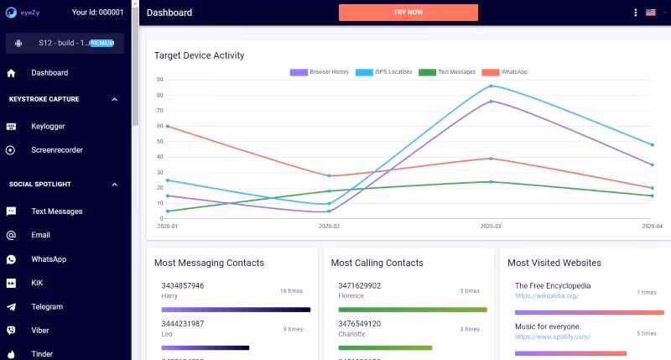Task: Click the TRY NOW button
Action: [x=408, y=13]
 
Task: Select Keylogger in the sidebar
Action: [x=48, y=127]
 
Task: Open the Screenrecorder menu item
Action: [x=56, y=150]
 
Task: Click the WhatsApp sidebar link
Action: [x=49, y=259]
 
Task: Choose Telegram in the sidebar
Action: [x=47, y=307]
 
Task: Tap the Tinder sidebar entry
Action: [x=42, y=354]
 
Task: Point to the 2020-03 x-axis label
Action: [x=491, y=227]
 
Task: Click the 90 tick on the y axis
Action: [x=159, y=80]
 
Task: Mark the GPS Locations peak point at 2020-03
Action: [x=491, y=86]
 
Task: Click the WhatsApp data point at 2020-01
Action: [x=168, y=126]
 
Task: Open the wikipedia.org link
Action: [x=547, y=296]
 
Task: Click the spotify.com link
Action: [x=553, y=337]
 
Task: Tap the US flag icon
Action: [x=651, y=13]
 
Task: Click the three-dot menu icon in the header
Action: [x=635, y=13]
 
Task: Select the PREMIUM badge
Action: [x=101, y=43]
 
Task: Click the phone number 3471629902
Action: [x=359, y=286]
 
